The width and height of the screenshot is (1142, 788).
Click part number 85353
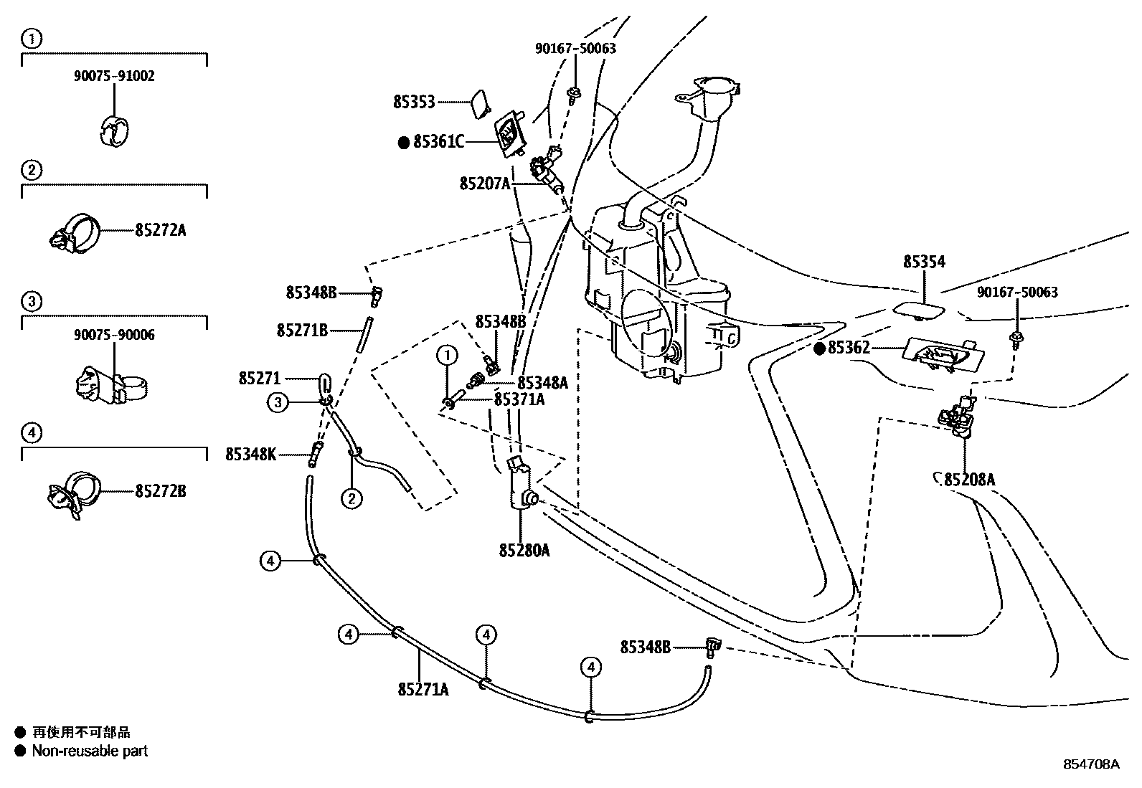tap(414, 103)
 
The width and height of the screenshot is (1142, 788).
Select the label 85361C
tap(438, 142)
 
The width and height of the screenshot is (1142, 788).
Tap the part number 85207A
tap(485, 184)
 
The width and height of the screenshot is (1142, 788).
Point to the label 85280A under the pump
tap(524, 550)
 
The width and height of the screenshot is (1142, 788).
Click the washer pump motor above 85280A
tap(521, 488)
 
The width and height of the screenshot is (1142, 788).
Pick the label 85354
tap(924, 262)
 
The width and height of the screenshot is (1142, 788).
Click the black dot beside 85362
tap(820, 348)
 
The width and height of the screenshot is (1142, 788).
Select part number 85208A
tap(969, 480)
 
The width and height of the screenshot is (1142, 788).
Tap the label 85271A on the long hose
tap(423, 689)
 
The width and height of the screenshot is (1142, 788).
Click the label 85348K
tap(250, 454)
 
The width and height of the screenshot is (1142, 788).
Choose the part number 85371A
tap(519, 400)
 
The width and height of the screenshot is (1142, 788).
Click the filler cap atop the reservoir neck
tap(714, 88)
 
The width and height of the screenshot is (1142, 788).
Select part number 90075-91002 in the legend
tap(114, 76)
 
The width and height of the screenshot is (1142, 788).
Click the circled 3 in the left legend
tap(31, 302)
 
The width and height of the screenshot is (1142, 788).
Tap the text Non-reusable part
tap(90, 751)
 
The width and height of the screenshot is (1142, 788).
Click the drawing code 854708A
tap(1091, 764)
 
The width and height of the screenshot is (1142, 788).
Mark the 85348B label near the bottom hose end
tap(645, 647)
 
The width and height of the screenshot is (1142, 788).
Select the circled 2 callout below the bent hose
tap(351, 498)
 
